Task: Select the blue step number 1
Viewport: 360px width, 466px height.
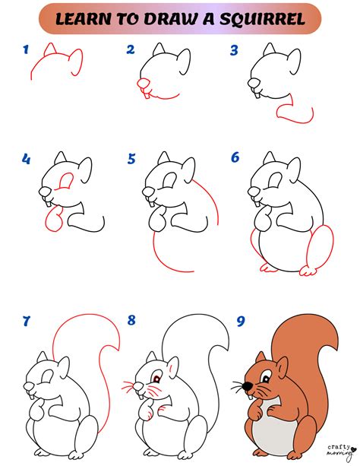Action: point(26,50)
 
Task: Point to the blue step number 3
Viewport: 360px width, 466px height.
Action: point(234,50)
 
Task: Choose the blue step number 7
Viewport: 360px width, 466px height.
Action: point(26,321)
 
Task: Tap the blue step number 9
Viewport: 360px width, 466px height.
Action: point(241,321)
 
